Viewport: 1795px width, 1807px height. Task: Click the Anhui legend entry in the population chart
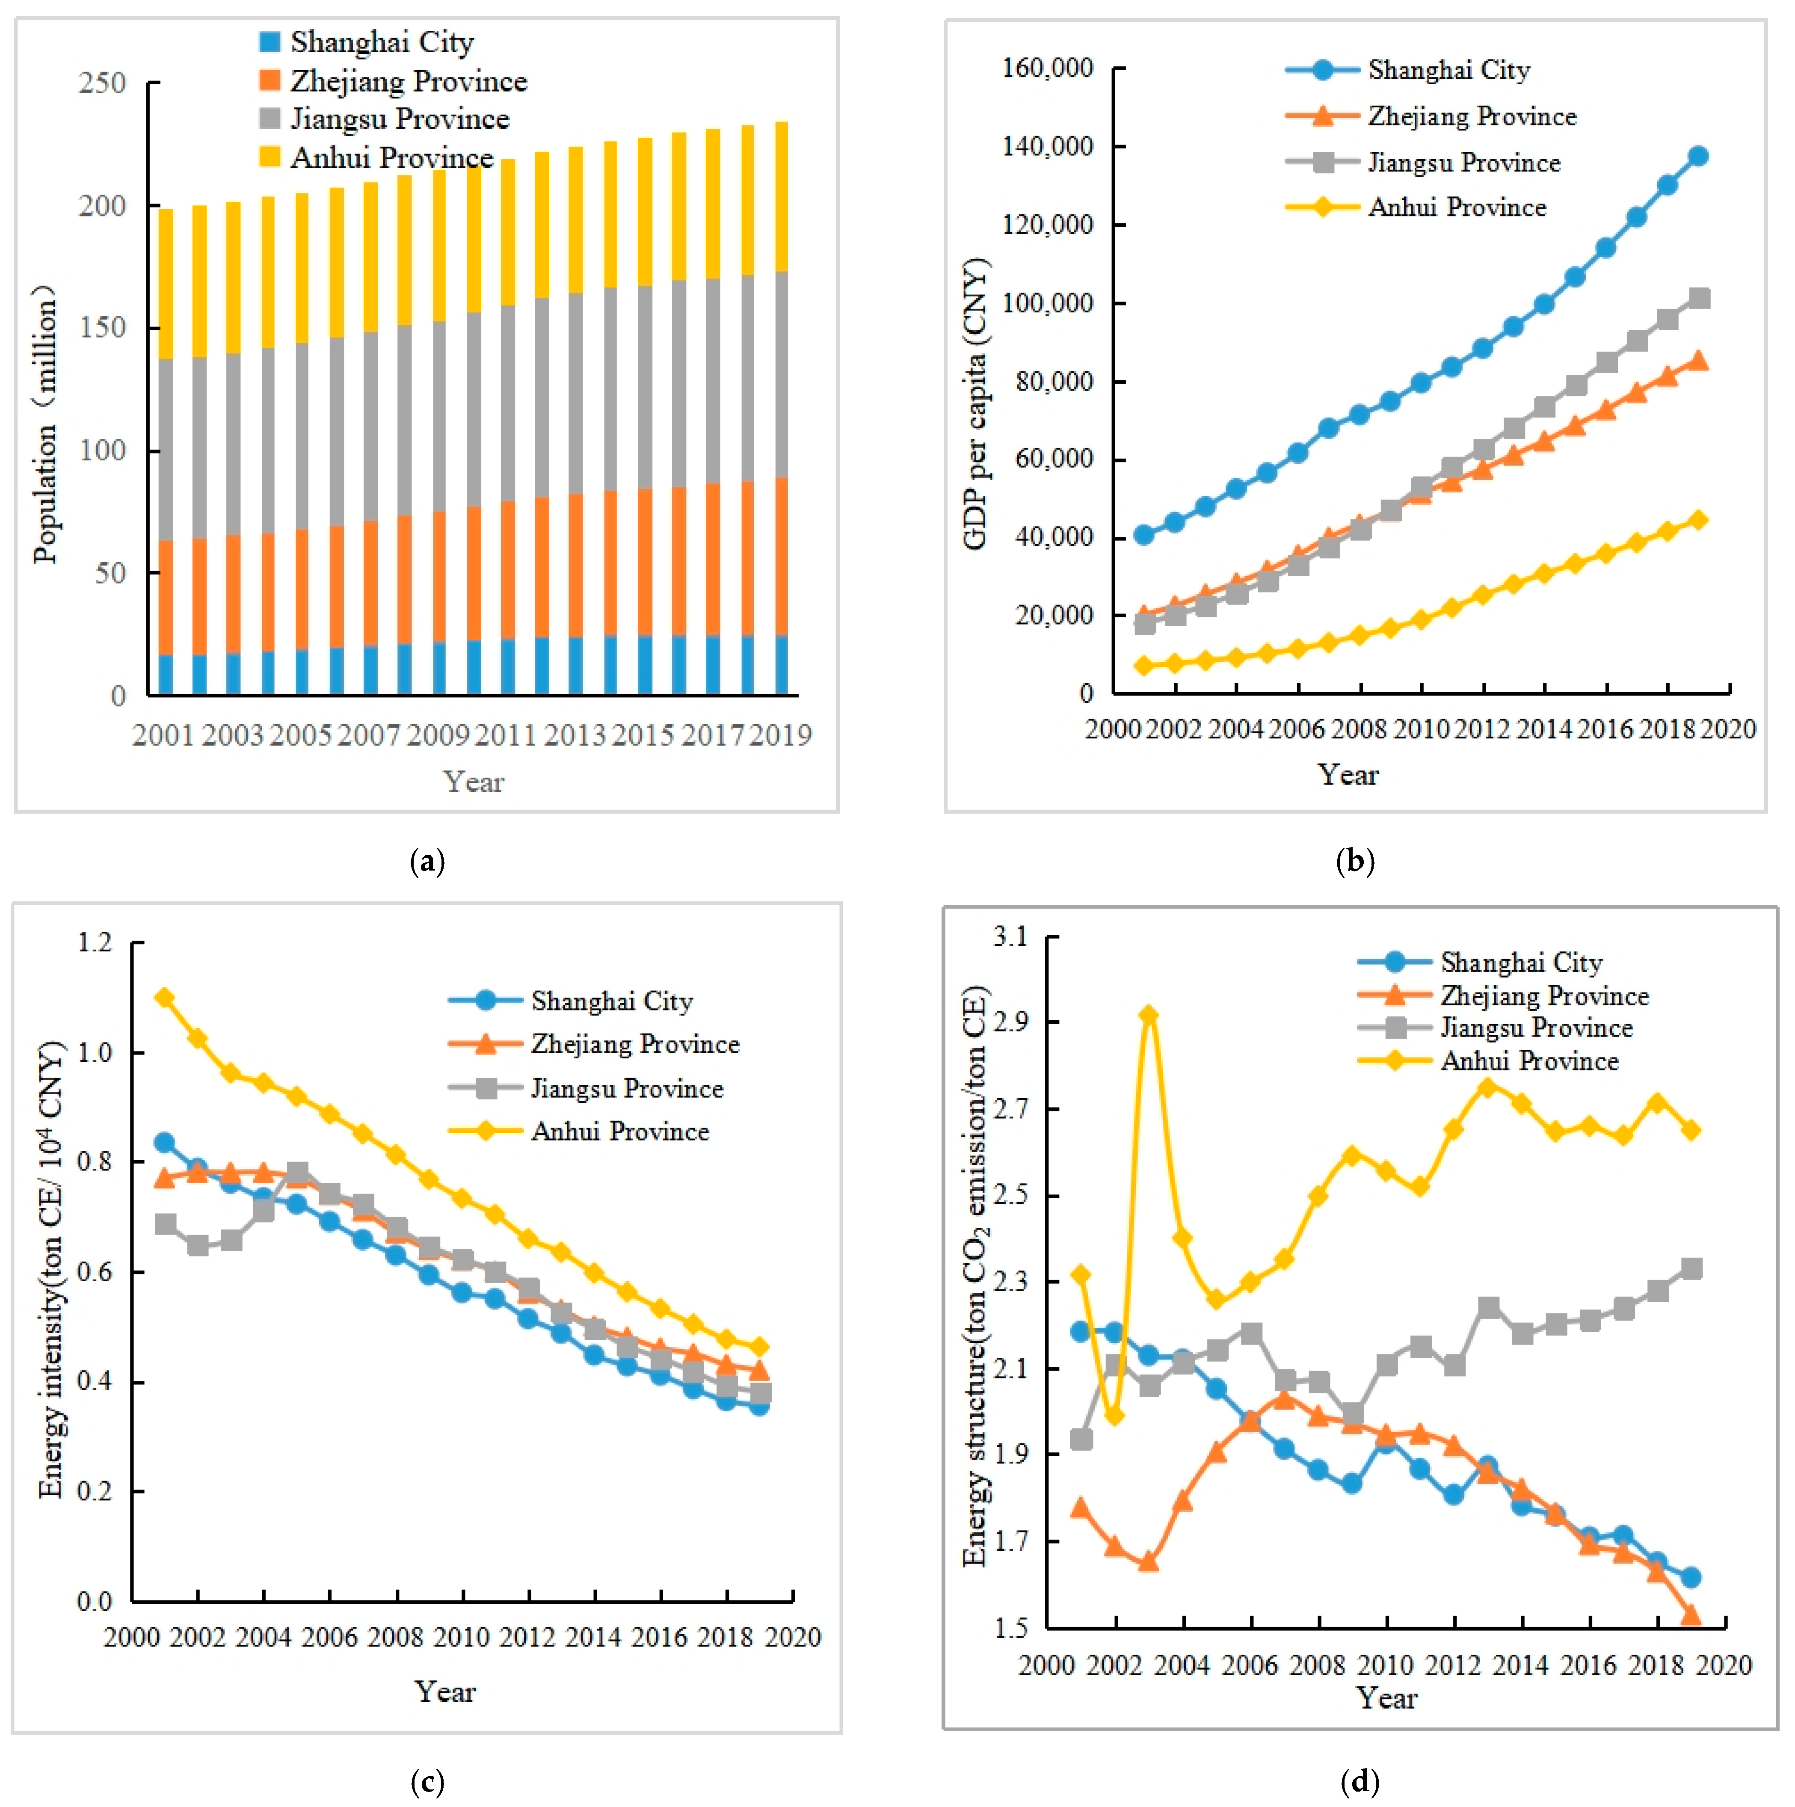tap(391, 157)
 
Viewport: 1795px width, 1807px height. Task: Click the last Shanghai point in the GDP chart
tap(1698, 156)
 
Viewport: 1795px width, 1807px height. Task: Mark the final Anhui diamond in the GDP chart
tap(1698, 520)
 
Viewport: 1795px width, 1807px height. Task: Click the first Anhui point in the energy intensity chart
tap(165, 998)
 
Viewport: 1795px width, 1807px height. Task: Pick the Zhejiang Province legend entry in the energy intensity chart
tap(634, 1044)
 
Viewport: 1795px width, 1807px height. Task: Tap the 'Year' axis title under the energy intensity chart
tap(445, 1691)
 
